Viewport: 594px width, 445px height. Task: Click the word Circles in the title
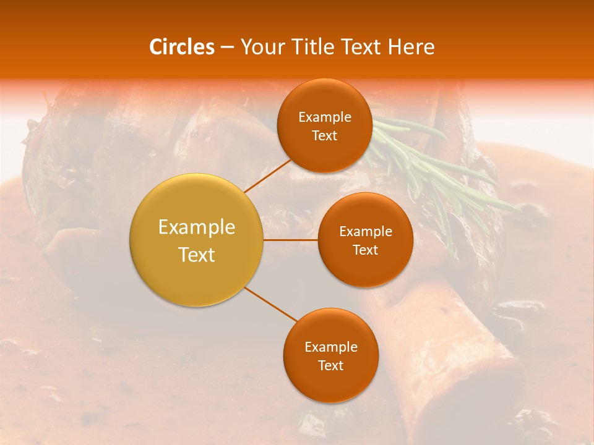[x=182, y=47]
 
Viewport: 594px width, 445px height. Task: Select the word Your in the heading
[x=261, y=47]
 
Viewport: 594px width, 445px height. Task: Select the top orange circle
[x=324, y=99]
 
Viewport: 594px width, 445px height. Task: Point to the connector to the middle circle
[x=291, y=240]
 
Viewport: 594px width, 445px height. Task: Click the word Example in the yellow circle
[x=197, y=227]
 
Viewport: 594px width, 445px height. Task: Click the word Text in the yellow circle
[x=197, y=255]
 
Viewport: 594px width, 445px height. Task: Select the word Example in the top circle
[x=325, y=117]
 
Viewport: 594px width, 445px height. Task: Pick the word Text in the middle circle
[x=365, y=250]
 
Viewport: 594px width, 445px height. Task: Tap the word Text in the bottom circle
[x=330, y=366]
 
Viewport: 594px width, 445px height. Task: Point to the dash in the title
[x=226, y=47]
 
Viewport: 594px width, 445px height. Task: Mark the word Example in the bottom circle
[x=331, y=347]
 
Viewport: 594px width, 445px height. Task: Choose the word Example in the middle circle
[x=366, y=232]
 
